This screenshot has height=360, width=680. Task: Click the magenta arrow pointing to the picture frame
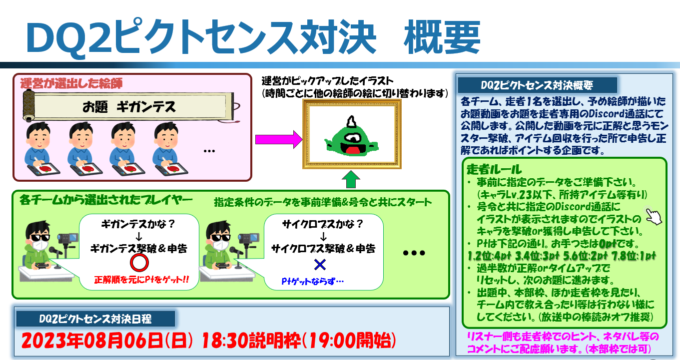click(x=279, y=139)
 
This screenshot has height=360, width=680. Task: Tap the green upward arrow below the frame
click(x=351, y=180)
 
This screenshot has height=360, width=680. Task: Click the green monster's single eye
click(x=352, y=138)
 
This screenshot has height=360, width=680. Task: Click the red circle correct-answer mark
click(x=139, y=263)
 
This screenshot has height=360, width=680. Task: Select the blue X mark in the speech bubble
click(x=320, y=265)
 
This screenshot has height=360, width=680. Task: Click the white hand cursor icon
click(x=654, y=216)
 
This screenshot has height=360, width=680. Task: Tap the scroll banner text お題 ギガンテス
click(x=129, y=107)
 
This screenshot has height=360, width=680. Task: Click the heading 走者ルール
click(x=494, y=169)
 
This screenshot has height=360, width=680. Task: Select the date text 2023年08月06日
click(x=91, y=341)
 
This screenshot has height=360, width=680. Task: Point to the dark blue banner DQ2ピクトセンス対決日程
click(x=95, y=319)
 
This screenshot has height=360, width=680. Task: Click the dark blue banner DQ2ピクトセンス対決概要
click(x=537, y=85)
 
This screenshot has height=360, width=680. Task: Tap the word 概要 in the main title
click(x=442, y=37)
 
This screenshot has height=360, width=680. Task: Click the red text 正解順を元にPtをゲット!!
click(x=141, y=279)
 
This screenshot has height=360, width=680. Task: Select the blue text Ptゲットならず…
click(x=313, y=281)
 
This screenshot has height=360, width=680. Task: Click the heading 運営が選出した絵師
click(x=71, y=83)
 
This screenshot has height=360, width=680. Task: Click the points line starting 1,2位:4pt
click(x=562, y=256)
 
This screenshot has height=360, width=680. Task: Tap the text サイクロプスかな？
click(x=323, y=224)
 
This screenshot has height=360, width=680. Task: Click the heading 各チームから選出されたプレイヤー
click(x=106, y=200)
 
